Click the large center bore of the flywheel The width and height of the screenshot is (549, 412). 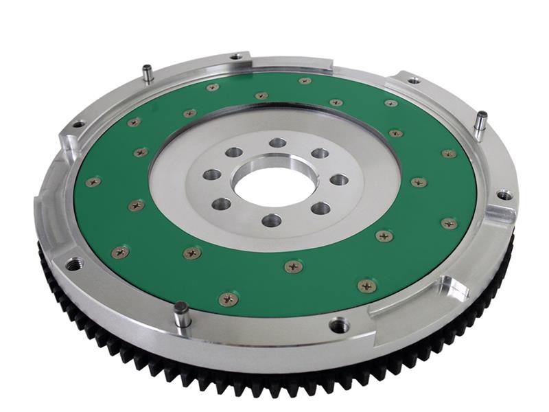coord(274,183)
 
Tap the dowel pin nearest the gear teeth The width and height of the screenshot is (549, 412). coord(181,314)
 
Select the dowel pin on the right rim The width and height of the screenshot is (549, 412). coord(481,121)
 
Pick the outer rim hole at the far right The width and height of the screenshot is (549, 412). coord(504,195)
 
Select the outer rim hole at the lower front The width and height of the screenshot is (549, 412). coord(339,323)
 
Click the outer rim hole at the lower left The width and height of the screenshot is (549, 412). coord(73,263)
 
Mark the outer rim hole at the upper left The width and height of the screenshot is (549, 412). coord(78,125)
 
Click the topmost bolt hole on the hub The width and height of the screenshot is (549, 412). coord(277,143)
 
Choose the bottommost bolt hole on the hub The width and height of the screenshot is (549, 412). coord(271,220)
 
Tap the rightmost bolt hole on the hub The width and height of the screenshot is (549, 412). coord(339,180)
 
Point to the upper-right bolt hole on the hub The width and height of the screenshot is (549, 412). coord(320,153)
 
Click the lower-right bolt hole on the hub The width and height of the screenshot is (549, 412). coord(320,207)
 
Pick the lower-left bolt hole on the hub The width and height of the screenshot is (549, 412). coord(222,203)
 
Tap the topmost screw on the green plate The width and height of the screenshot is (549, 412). coord(305,81)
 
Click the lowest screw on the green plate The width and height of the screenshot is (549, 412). coord(229,299)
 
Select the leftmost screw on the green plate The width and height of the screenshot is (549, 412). coord(93,183)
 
